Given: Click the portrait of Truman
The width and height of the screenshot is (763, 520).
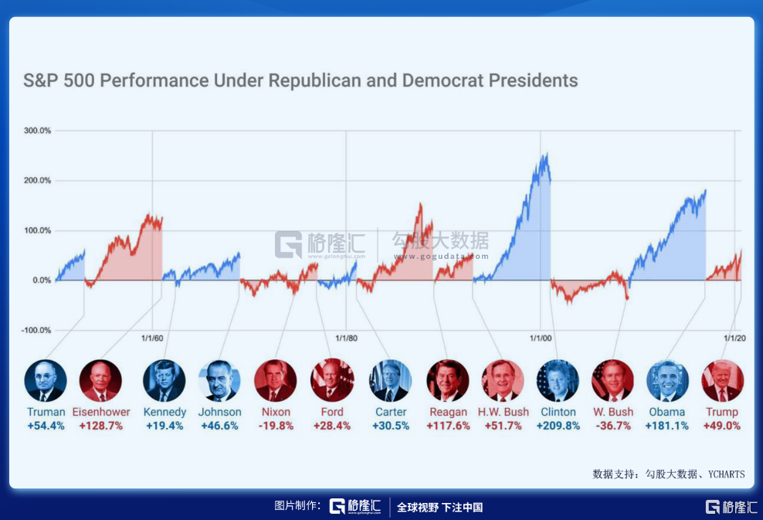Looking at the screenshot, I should [x=46, y=380].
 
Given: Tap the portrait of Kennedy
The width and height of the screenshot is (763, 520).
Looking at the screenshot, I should [x=164, y=380].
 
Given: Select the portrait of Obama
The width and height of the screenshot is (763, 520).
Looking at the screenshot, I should [x=667, y=380].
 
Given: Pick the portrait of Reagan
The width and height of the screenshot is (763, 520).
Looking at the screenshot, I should [x=448, y=380].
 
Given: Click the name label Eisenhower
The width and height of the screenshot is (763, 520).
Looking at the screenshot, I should [x=101, y=412].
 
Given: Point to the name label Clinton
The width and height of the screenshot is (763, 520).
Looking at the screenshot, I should [x=558, y=412].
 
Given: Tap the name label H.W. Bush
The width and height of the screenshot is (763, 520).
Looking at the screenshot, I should [x=504, y=412].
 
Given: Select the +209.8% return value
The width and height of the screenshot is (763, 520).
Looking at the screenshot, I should [x=558, y=426].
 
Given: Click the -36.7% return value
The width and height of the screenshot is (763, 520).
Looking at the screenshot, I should [x=612, y=426].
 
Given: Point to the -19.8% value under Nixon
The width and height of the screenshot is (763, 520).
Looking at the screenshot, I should [x=276, y=426].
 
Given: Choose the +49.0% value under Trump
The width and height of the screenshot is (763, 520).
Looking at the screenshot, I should [x=722, y=426].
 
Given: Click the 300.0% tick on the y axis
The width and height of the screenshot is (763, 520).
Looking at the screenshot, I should [x=37, y=131].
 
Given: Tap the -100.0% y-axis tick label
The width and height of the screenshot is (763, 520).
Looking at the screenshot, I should [x=36, y=331].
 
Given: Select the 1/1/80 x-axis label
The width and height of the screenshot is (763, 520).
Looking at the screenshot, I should [x=347, y=338].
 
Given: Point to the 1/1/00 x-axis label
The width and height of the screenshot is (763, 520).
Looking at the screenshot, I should [x=541, y=338].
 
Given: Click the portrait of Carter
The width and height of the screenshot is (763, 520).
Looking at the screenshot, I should [x=391, y=380].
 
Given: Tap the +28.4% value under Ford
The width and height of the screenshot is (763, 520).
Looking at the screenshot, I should [x=332, y=426].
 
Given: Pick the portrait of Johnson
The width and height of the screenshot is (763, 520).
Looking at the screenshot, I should [x=220, y=380].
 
